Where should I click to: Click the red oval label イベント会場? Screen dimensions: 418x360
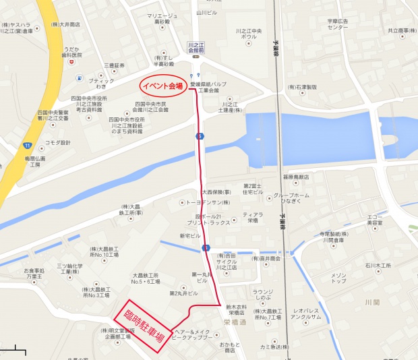click(x=162, y=86)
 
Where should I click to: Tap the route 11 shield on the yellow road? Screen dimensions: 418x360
click(x=27, y=145)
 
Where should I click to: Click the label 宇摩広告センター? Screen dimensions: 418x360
click(x=338, y=24)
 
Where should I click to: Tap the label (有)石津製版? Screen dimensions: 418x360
click(x=302, y=87)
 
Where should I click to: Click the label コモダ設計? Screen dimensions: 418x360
click(x=57, y=142)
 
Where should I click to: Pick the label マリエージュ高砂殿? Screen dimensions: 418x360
click(x=162, y=18)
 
